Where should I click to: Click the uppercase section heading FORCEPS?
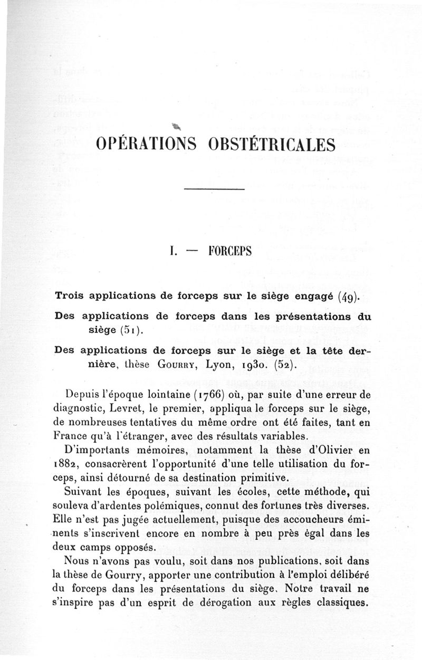tap(230, 251)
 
